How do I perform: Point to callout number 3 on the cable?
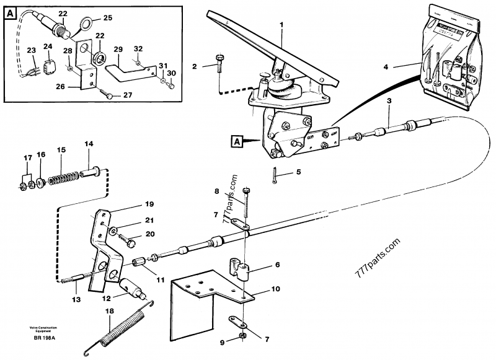coord(389,100)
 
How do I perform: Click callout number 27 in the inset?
coord(128,95)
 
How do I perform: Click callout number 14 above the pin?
coord(89,144)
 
